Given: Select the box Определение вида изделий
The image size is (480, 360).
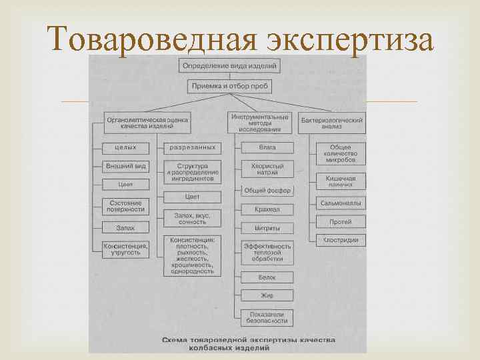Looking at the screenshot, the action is point(229,65).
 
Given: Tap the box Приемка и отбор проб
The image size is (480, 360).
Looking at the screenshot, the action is point(229,86).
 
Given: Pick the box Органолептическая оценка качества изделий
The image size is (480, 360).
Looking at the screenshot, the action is point(147,121).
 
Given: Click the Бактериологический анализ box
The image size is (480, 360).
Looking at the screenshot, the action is point(331,121).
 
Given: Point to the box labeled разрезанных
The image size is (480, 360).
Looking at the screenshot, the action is point(192,147).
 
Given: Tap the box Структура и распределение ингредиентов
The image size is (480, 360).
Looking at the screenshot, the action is point(192,171).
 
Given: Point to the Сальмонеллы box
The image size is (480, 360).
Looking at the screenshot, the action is point(340,202).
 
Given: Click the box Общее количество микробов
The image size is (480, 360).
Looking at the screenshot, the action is point(340,154).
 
